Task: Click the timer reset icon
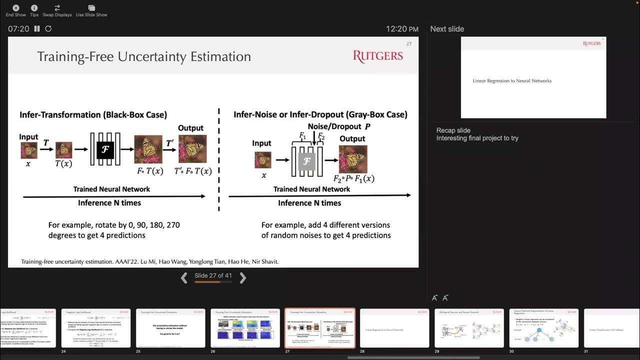[x=48, y=29]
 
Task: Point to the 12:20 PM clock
[x=402, y=29]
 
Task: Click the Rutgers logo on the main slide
[x=377, y=56]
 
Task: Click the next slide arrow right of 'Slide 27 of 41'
[x=243, y=278]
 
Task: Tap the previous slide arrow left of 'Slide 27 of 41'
[x=184, y=278]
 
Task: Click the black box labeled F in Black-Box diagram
[x=105, y=149]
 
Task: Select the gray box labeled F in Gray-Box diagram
[x=306, y=161]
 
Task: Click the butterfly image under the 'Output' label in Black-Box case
[x=192, y=148]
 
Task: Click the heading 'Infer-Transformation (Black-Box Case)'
[x=93, y=114]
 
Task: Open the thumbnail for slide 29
[x=469, y=328]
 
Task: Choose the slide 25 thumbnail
[x=170, y=328]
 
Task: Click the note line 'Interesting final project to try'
[x=477, y=138]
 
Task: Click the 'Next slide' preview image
[x=533, y=78]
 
